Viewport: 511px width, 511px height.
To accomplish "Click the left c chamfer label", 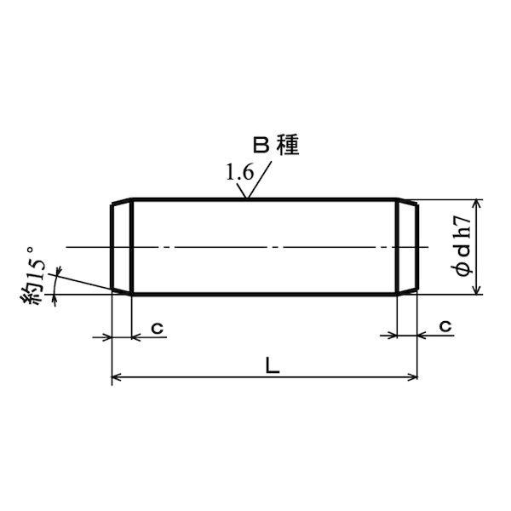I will point(157,327).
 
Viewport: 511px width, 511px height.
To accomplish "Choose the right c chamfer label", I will point(445,327).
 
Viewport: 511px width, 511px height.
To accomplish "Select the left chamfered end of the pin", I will point(123,248).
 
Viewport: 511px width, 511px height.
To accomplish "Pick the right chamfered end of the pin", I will point(408,248).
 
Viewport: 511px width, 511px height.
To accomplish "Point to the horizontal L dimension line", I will point(213,376).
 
